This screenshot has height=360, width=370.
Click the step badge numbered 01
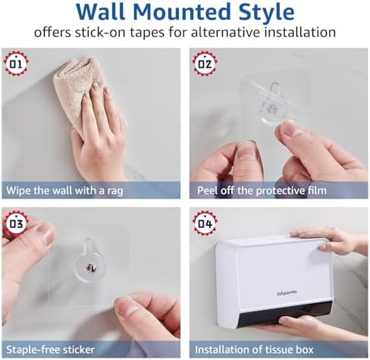(x=16, y=64)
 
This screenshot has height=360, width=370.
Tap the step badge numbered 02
(x=205, y=64)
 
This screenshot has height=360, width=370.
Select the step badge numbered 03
(x=16, y=224)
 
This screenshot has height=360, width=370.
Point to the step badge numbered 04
(x=205, y=224)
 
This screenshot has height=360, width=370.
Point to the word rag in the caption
(x=115, y=191)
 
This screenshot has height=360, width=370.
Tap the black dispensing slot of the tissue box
(x=284, y=315)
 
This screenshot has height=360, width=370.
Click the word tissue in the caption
(x=276, y=349)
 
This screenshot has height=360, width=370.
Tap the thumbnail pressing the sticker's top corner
(x=47, y=236)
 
